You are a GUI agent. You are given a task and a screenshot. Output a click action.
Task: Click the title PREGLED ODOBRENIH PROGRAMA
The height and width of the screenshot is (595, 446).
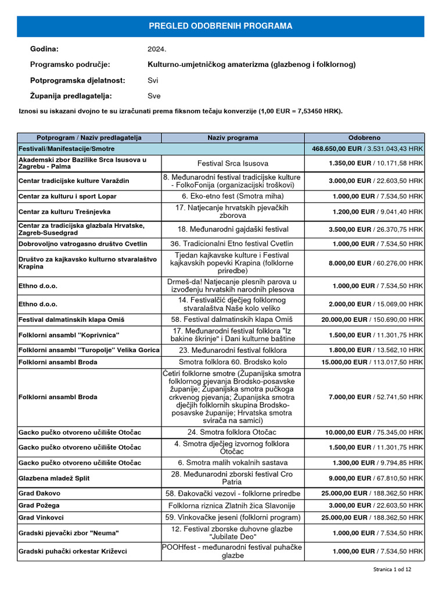click(221, 26)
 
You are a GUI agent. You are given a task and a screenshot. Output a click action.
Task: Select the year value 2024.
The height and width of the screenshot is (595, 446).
click(157, 49)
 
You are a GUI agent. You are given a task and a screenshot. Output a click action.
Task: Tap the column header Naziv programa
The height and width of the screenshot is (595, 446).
click(233, 138)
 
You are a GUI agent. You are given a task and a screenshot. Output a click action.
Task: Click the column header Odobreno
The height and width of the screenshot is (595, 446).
click(364, 138)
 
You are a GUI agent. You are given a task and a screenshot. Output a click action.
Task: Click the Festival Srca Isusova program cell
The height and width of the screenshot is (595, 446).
click(233, 163)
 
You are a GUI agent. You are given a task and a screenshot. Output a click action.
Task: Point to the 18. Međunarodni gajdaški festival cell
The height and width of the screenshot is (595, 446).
click(233, 229)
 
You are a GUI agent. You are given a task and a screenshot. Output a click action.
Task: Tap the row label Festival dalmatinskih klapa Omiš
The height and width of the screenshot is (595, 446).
click(71, 320)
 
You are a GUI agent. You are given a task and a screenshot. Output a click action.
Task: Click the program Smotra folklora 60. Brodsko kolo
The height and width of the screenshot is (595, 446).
click(233, 362)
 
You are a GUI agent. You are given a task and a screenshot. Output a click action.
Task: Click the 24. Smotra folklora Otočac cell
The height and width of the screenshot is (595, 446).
click(233, 432)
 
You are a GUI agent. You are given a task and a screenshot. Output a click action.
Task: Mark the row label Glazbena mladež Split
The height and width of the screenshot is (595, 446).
click(54, 478)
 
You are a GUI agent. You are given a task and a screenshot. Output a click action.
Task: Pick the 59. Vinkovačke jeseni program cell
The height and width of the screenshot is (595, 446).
click(233, 517)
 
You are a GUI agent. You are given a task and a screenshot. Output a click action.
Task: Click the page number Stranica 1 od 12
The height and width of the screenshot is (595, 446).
click(392, 570)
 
